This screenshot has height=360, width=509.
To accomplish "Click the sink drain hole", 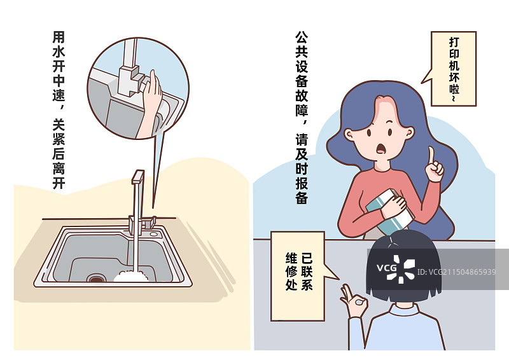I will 97,278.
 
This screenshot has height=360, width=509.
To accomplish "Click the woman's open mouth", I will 382,149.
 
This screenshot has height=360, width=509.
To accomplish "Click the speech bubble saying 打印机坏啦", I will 453,69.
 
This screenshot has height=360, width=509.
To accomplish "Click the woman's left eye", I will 367,134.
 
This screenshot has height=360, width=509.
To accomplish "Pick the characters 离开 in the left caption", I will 58,172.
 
